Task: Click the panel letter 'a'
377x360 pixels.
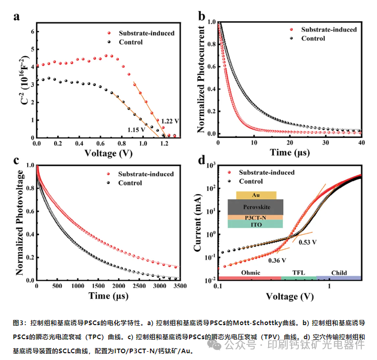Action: [x=17, y=16]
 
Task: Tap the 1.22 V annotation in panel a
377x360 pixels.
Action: [x=170, y=121]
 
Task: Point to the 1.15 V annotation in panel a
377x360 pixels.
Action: [x=136, y=129]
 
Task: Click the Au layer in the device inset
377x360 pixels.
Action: [x=256, y=195]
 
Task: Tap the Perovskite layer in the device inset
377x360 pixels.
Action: [x=256, y=207]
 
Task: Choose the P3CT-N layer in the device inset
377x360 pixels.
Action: [x=256, y=217]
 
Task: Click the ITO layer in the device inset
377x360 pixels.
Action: [x=256, y=224]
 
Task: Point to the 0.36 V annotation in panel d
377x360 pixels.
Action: [x=277, y=260]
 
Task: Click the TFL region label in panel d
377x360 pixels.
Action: [x=298, y=273]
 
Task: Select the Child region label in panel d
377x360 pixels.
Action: [x=339, y=273]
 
